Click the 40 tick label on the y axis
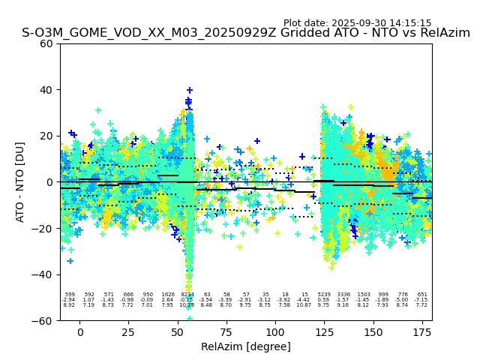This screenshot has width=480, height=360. click(46, 90)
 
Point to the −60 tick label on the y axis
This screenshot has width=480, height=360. click(44, 321)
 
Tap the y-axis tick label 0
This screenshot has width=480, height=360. click(51, 182)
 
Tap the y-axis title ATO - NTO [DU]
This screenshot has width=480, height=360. click(20, 182)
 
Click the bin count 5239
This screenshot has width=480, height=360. click(324, 295)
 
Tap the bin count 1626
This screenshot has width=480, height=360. click(167, 295)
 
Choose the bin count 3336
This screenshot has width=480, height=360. click(343, 295)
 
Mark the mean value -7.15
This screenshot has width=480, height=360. click(421, 300)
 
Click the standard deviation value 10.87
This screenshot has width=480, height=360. click(304, 305)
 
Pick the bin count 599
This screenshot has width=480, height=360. click(69, 295)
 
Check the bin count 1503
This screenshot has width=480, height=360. click(363, 295)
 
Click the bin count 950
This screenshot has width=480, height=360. click(148, 295)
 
